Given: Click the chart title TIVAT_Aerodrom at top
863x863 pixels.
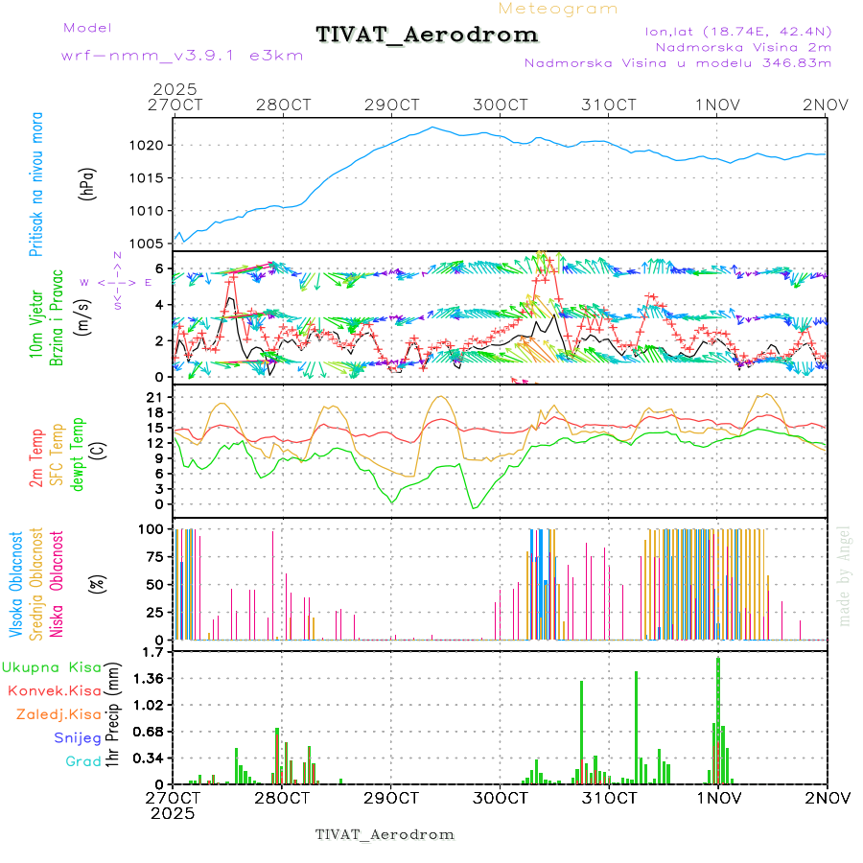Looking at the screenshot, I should click(x=427, y=35).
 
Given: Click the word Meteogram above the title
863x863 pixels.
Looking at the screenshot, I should click(x=558, y=9).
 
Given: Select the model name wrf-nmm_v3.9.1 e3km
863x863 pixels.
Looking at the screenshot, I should click(x=182, y=56).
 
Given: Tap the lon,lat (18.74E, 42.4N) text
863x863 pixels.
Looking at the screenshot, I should click(x=737, y=31).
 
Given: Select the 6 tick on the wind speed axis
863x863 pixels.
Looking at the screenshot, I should click(x=165, y=268).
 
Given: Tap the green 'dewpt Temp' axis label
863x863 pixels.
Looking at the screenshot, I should click(x=78, y=454).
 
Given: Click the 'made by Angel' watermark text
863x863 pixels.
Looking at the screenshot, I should click(x=845, y=575).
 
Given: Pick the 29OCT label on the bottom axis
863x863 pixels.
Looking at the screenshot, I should click(x=390, y=798).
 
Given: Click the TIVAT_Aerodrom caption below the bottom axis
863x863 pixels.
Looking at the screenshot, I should click(x=385, y=834).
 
